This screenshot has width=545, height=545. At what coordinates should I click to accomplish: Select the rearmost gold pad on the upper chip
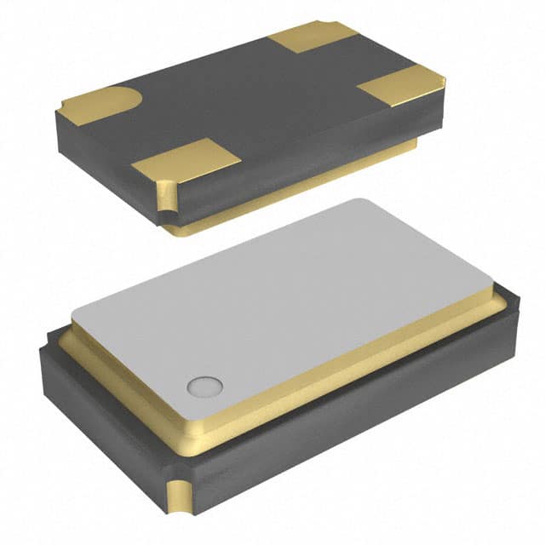tap(313, 37)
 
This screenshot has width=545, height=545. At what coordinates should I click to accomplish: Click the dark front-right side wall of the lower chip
tap(358, 426)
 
